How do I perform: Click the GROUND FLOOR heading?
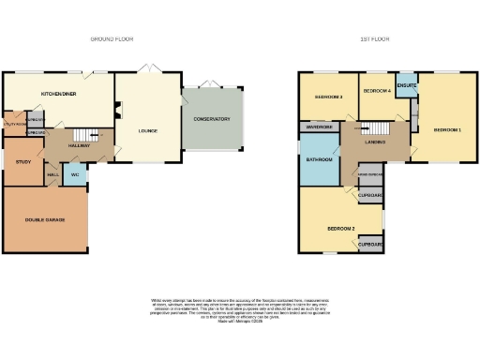coord(112,39)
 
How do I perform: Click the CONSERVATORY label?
coord(212,119)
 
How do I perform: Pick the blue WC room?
coord(75,174)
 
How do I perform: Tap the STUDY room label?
coord(23,161)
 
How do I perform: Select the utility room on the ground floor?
coord(15,124)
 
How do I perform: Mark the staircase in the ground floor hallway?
coord(86,134)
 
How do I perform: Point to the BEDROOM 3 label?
coord(328,97)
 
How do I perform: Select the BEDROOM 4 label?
coord(377,91)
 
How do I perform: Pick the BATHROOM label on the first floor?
coord(317,160)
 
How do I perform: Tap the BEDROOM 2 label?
coord(340,228)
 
